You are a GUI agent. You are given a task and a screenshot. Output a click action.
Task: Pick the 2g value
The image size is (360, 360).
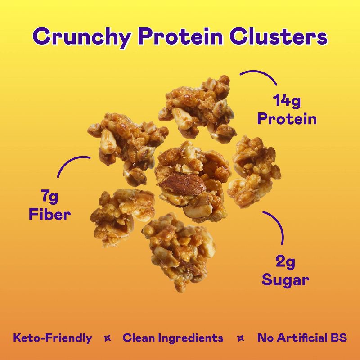point(285,261)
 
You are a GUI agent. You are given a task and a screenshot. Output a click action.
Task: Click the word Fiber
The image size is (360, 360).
point(49,214)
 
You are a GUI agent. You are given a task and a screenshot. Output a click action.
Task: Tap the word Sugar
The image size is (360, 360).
point(285,279)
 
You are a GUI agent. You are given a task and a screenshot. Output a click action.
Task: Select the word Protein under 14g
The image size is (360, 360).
point(287,119)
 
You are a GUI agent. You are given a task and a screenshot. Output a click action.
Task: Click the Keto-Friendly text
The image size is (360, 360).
point(53,338)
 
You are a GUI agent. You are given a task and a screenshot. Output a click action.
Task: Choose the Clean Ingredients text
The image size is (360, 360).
point(173,338)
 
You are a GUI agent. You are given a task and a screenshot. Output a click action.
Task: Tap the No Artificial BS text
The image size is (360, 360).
point(302,338)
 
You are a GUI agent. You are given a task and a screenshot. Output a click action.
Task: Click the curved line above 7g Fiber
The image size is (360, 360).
point(72,164)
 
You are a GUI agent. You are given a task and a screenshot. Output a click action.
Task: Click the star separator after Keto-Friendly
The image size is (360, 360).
point(108,338)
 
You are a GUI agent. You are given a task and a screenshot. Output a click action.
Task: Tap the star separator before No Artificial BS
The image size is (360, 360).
point(240,338)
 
